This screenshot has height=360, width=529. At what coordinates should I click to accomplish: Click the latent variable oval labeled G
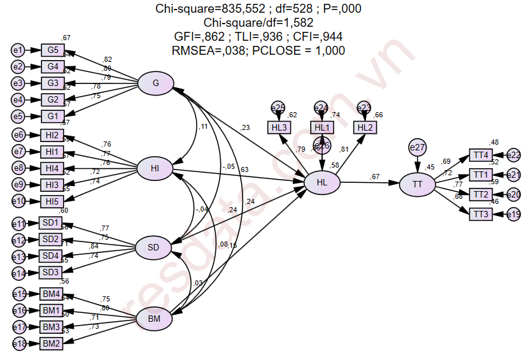point(156,84)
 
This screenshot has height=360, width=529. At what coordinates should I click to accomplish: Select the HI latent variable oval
point(155,168)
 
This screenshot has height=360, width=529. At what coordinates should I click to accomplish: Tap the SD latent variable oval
point(155,247)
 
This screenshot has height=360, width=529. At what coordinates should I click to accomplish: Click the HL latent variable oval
point(322,183)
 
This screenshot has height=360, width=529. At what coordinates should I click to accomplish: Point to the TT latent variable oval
point(418,184)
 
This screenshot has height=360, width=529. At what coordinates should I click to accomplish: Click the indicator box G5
point(53,50)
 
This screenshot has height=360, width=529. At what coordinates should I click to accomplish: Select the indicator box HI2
point(53,134)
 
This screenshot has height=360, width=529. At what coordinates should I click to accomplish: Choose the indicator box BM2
point(51,343)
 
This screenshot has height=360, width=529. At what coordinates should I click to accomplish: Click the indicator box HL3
point(279,127)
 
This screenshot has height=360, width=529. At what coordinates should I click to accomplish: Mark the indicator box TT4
point(480,155)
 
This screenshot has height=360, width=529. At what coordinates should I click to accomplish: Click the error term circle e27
point(418,148)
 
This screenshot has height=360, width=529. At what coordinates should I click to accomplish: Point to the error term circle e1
point(18,50)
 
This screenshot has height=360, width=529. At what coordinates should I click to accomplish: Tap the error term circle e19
point(514,215)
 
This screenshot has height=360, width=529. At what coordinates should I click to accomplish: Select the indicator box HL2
point(364,127)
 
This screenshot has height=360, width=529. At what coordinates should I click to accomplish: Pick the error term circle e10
point(19,201)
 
